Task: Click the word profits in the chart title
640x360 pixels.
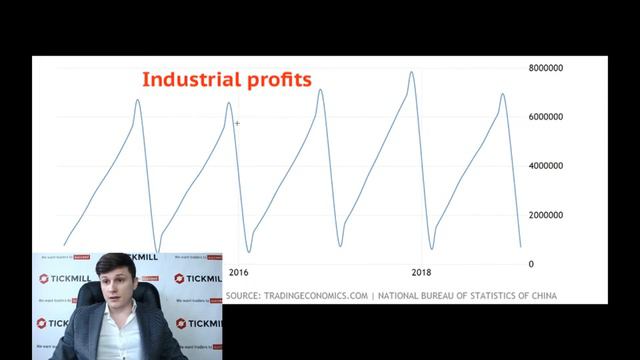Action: (x=276, y=79)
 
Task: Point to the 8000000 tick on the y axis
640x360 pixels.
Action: (x=550, y=68)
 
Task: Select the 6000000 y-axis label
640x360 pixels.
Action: (x=550, y=117)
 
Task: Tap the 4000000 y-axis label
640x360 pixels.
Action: (x=550, y=166)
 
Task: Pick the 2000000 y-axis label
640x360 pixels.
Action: (x=550, y=215)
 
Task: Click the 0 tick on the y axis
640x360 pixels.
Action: (x=531, y=264)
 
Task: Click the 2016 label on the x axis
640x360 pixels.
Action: (x=239, y=272)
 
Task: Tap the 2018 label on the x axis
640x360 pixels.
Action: (x=422, y=272)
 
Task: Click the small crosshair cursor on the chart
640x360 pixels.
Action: (x=237, y=123)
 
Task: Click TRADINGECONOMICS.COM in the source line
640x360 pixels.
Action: (x=316, y=295)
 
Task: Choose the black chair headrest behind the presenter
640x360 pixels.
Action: (x=153, y=300)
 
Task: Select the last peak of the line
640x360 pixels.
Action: (x=503, y=95)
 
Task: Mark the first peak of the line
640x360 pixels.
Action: (x=138, y=100)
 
